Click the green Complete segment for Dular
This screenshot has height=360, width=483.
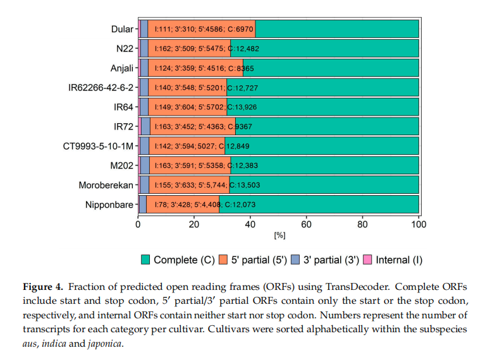(x=337, y=29)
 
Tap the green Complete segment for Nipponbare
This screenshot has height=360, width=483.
(x=319, y=205)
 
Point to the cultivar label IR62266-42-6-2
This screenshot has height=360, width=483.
(x=101, y=87)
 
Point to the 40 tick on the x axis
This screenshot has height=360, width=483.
(x=250, y=224)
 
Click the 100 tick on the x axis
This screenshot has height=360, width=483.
(x=419, y=224)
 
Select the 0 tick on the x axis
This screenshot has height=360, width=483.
(x=138, y=224)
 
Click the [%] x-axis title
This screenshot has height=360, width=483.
(x=279, y=236)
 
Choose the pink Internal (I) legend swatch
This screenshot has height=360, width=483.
(x=367, y=260)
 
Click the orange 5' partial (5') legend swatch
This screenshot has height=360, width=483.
(x=224, y=260)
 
